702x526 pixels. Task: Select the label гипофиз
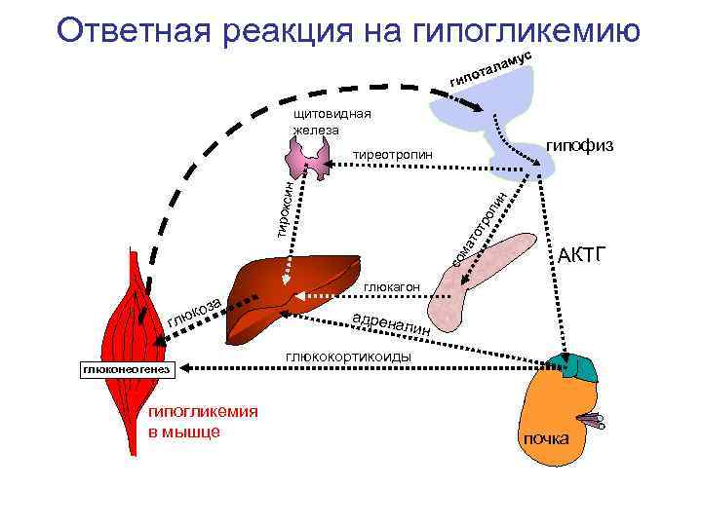coord(579,144)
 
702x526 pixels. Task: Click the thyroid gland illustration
coord(309,154)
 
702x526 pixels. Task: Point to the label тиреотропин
coord(391,155)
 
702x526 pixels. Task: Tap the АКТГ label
coord(582,256)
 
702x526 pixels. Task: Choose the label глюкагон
coord(391,287)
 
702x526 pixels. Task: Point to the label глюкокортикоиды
coord(348,357)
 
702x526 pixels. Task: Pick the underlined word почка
coord(546,438)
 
